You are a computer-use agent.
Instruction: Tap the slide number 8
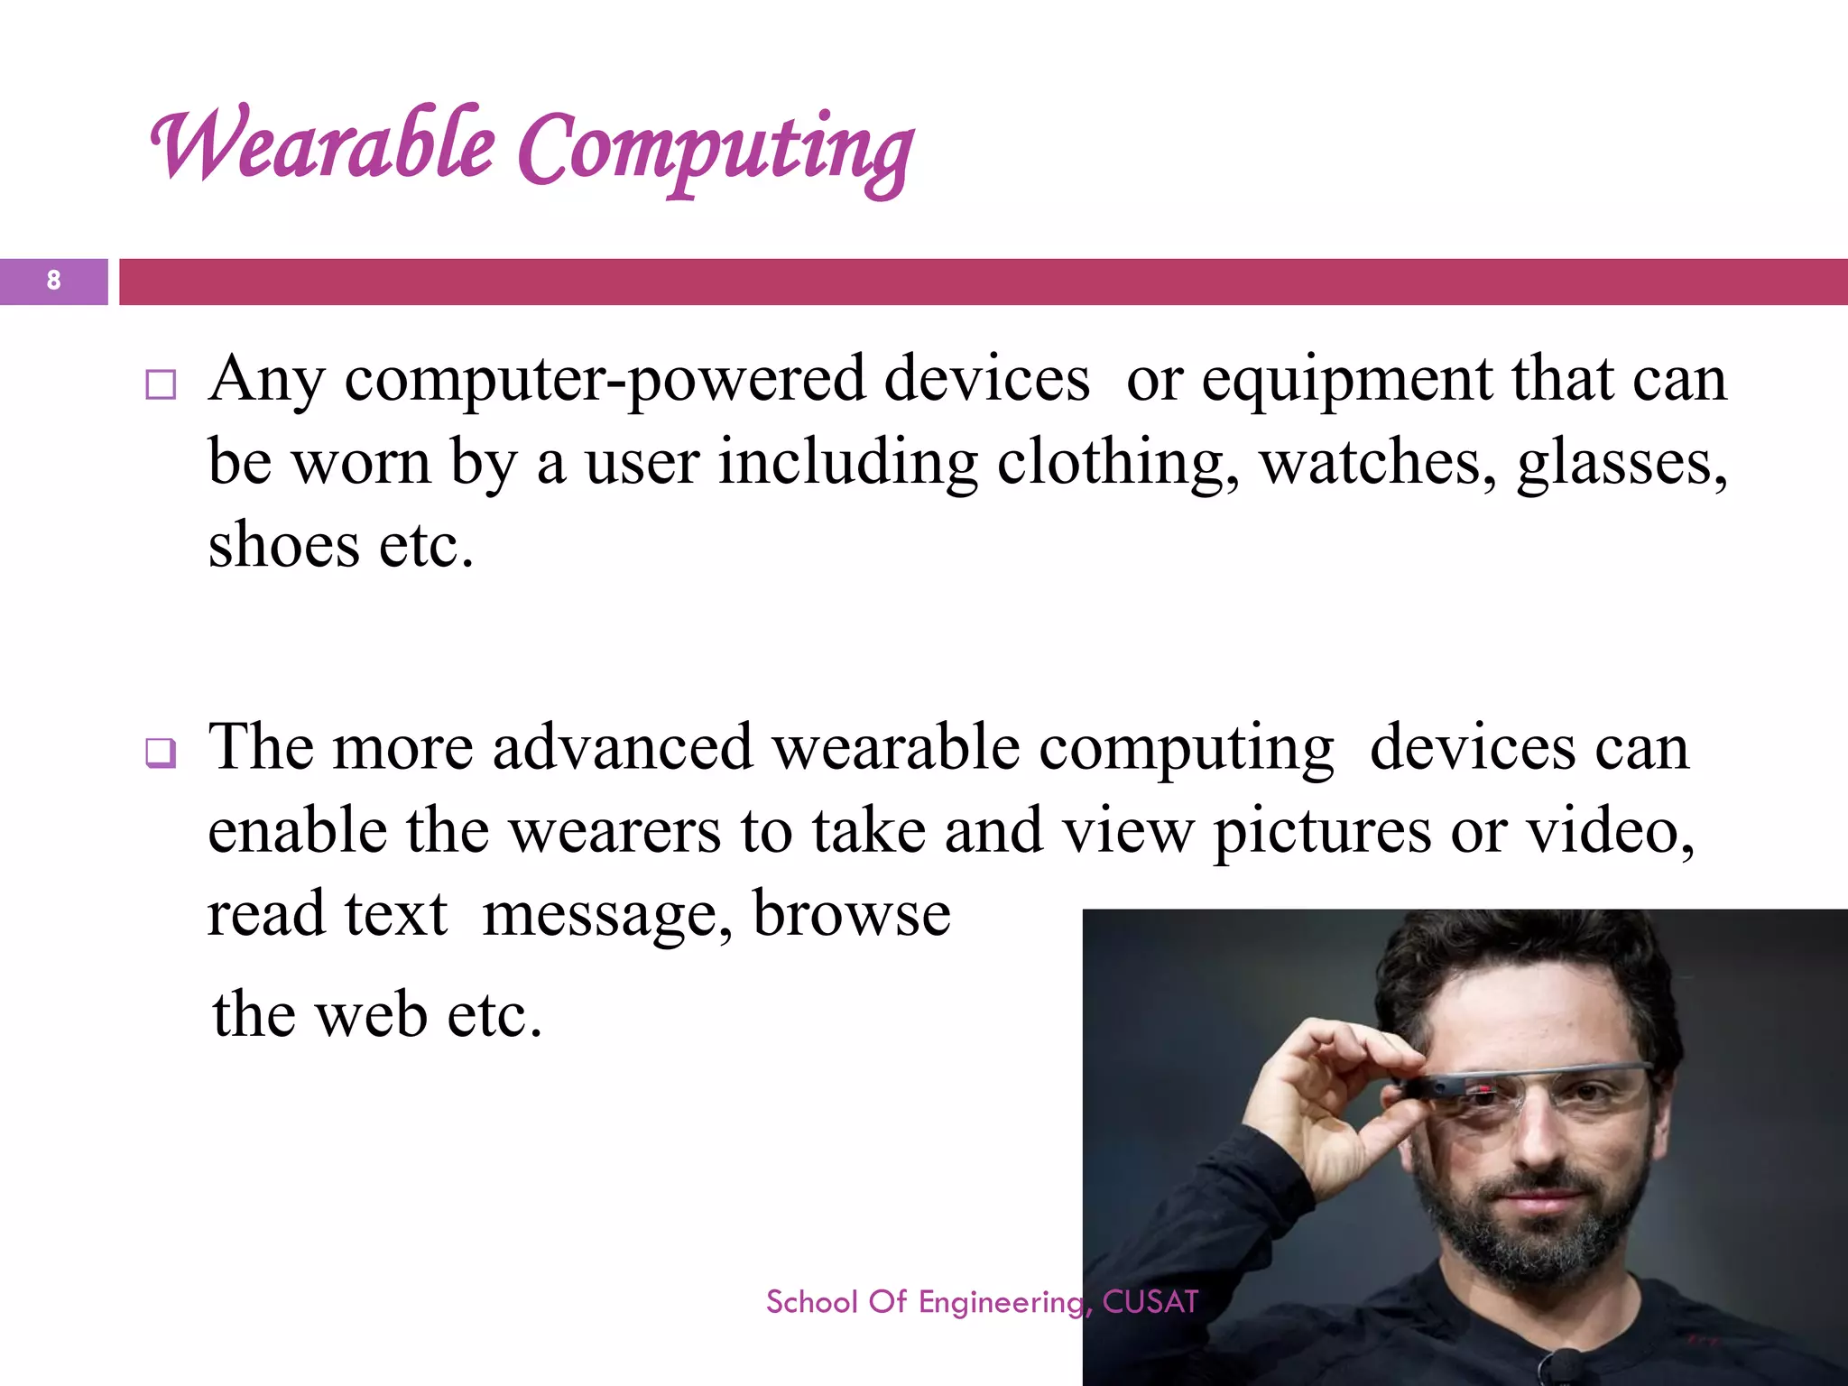[53, 281]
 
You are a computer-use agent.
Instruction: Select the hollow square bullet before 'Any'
[161, 385]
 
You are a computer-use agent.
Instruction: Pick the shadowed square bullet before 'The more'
[161, 753]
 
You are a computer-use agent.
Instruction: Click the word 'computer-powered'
[604, 380]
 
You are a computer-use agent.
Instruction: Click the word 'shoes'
[283, 546]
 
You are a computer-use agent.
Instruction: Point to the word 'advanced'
[623, 748]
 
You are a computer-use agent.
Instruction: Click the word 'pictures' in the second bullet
[1321, 833]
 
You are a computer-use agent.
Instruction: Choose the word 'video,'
[1610, 831]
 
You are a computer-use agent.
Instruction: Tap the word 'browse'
[851, 914]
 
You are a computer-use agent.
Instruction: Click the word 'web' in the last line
[372, 1015]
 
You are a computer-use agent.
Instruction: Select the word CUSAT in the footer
[1150, 1302]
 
